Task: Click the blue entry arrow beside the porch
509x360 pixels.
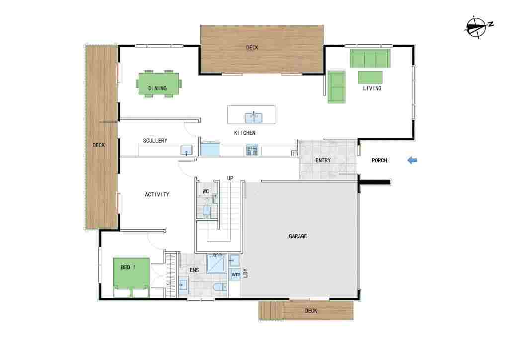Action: [412, 160]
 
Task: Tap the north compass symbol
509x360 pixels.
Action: [478, 27]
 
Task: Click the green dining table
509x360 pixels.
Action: [159, 84]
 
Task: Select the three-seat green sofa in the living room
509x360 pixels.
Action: [370, 59]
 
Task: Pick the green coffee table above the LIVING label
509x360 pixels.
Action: [370, 77]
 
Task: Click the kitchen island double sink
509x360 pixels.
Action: [254, 118]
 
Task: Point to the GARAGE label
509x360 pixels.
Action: [298, 236]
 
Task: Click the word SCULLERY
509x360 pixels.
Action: [155, 141]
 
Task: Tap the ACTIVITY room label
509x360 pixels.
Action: [157, 194]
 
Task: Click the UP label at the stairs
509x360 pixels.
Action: [230, 178]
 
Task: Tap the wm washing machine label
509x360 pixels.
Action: [236, 274]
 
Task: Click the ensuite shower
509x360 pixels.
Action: [216, 264]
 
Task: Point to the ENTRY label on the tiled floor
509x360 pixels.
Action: [323, 161]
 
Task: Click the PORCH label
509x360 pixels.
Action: [379, 161]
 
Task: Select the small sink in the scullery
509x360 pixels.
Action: [186, 150]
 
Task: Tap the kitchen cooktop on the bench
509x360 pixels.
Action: [252, 150]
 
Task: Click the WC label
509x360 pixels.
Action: [206, 191]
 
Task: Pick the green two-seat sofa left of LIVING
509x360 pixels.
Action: [337, 87]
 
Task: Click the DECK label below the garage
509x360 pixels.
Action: [311, 311]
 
